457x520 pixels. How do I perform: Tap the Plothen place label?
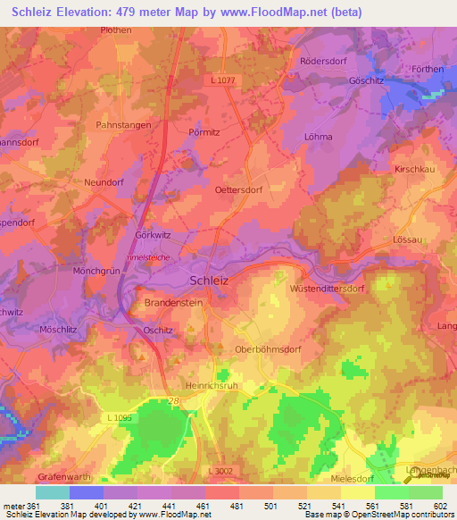pyautogui.click(x=115, y=29)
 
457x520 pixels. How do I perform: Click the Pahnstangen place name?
pyautogui.click(x=122, y=126)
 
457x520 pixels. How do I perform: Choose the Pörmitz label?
pyautogui.click(x=204, y=130)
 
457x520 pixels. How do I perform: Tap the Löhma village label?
pyautogui.click(x=318, y=137)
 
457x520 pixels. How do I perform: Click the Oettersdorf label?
pyautogui.click(x=242, y=189)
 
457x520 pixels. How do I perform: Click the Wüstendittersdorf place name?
pyautogui.click(x=330, y=289)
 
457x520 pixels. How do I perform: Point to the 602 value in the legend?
pyautogui.click(x=441, y=505)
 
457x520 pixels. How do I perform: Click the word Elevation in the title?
pyautogui.click(x=90, y=12)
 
